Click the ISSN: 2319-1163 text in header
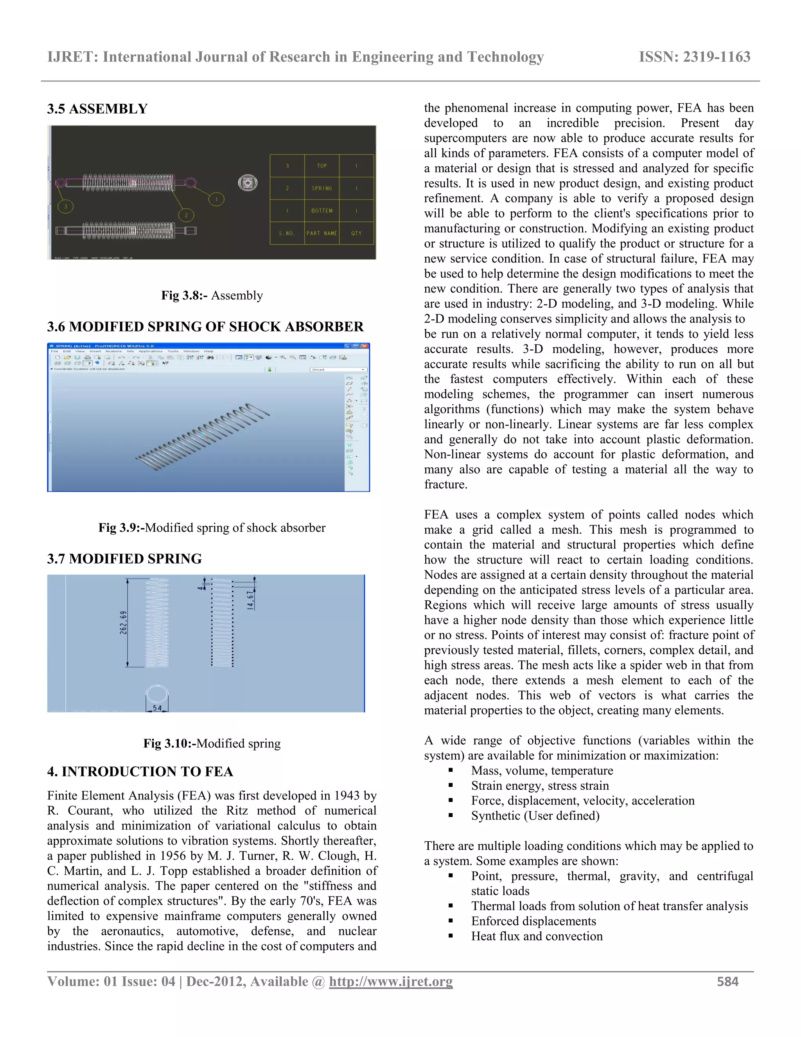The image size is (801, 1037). coord(694,57)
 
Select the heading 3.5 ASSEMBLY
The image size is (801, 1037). coord(97,109)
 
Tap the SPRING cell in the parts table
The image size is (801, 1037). coord(322,188)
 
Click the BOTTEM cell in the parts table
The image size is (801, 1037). coord(322,211)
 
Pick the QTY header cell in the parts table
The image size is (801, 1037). coord(356,233)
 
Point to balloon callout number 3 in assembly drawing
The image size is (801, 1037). coord(65,206)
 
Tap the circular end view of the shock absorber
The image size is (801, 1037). coord(247,183)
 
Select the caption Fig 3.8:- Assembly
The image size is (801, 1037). coord(212,295)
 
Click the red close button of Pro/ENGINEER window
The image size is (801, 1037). coord(365,346)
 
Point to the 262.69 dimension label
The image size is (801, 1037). coord(123,622)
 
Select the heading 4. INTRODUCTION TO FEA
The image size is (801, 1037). coord(140,772)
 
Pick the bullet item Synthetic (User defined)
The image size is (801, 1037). coord(535,816)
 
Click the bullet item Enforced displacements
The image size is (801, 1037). coord(533,921)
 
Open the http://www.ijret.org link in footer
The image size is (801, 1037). coord(391,981)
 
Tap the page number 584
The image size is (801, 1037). coord(727,981)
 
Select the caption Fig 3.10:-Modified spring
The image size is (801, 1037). coord(212,743)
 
